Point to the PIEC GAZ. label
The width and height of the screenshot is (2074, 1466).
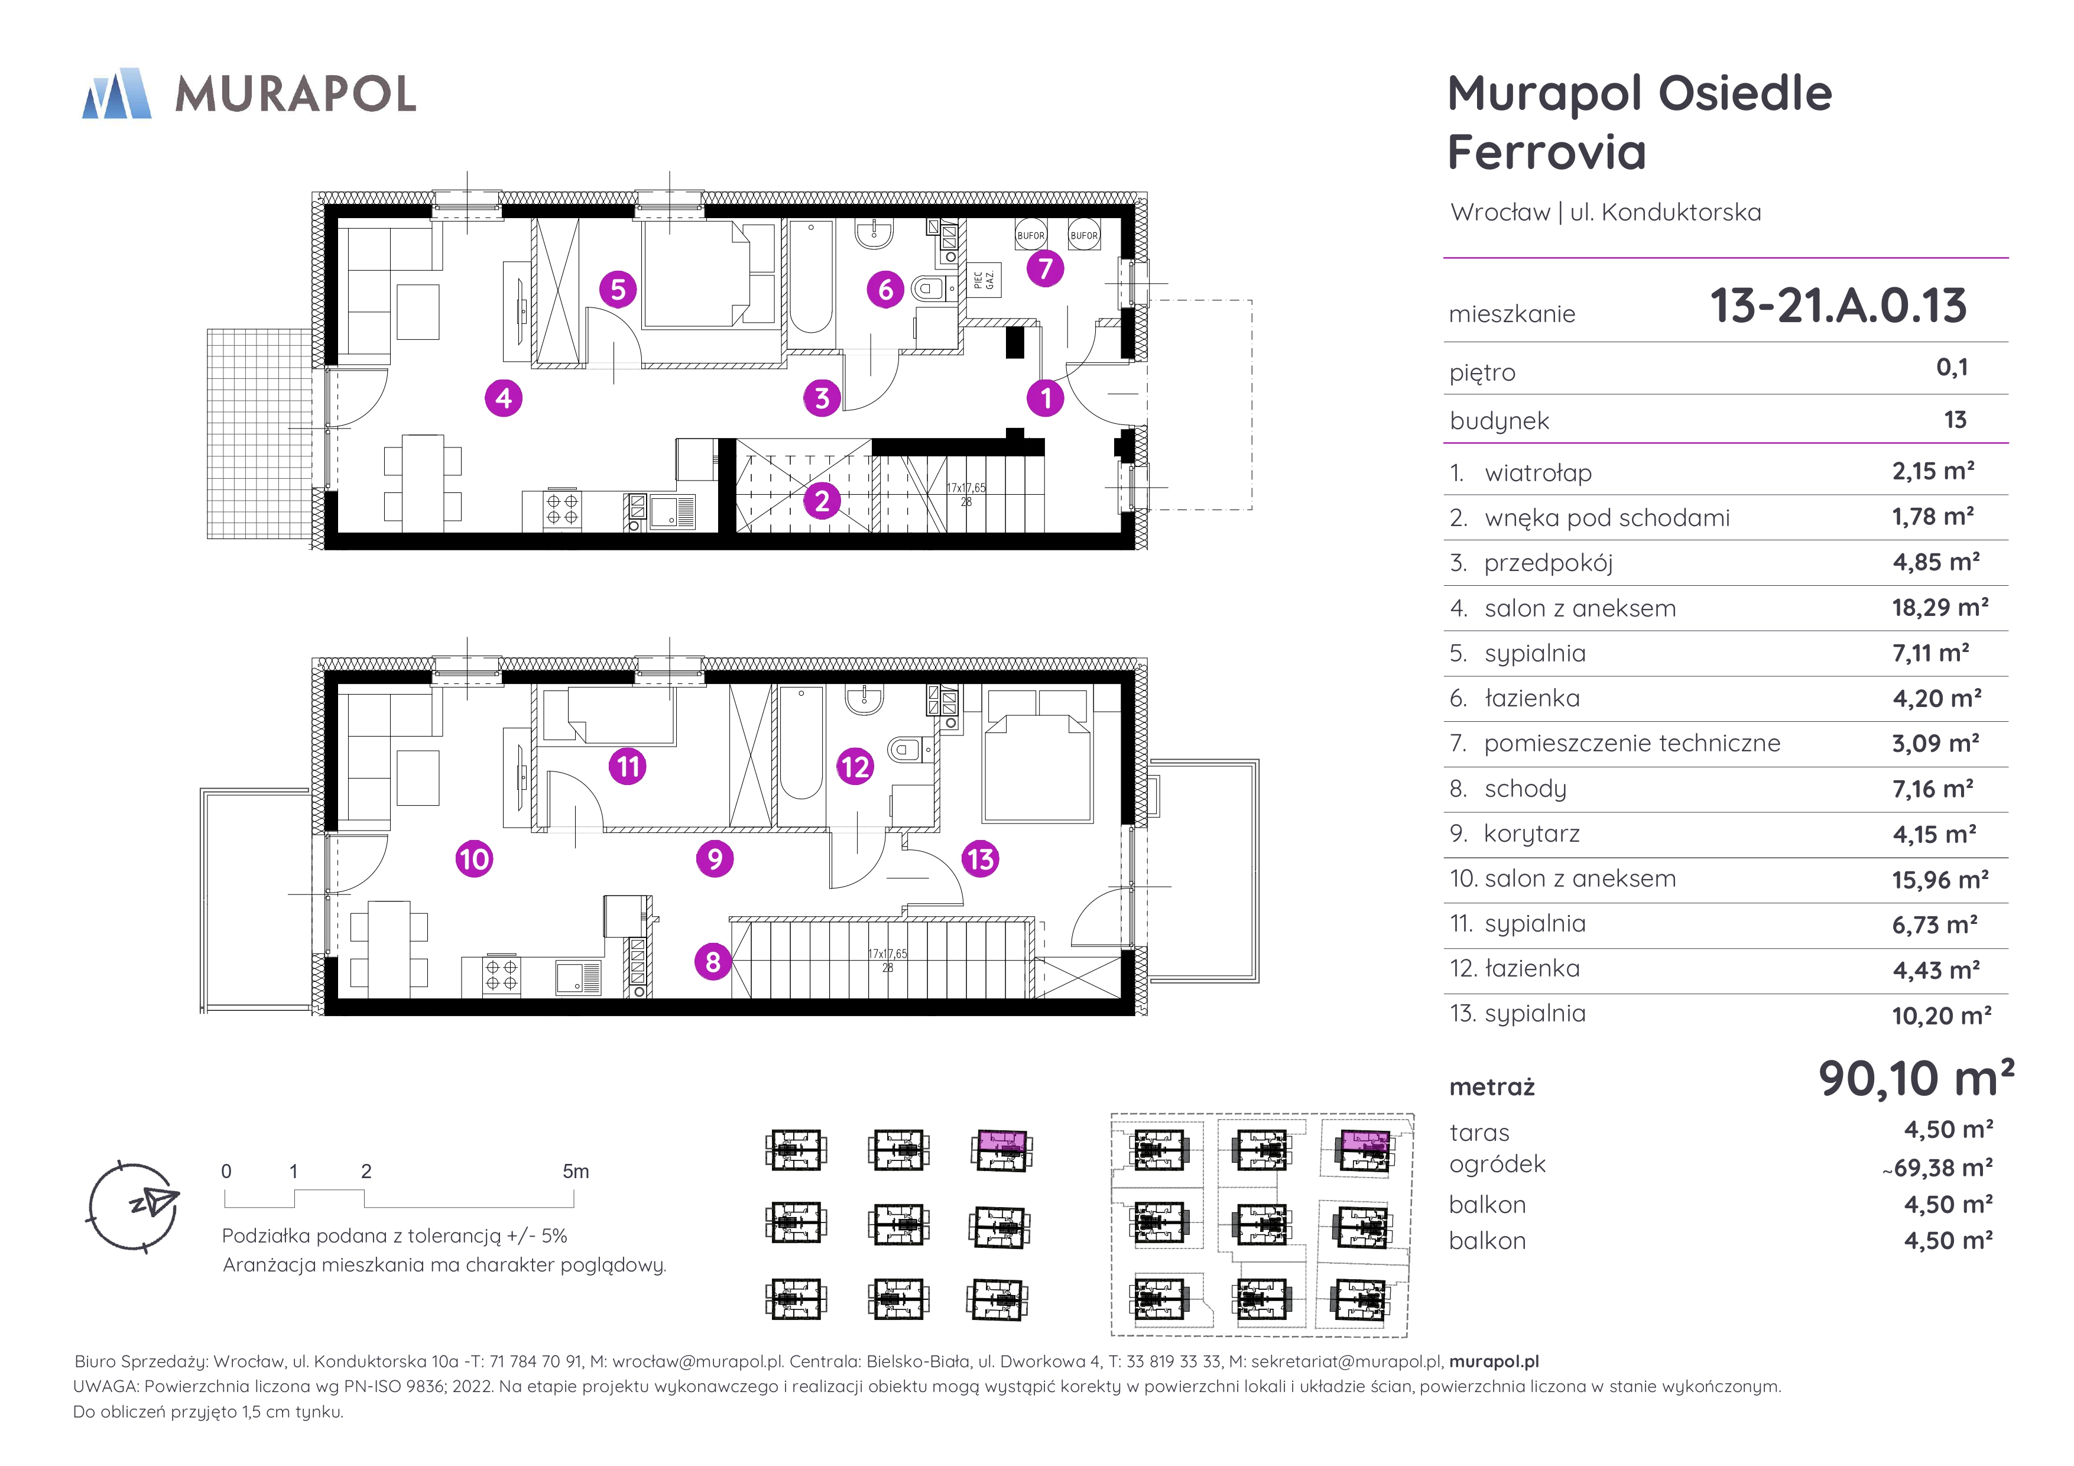click(985, 280)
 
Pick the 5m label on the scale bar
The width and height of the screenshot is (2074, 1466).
click(576, 1172)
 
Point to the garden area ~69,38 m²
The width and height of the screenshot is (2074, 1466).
click(1937, 1168)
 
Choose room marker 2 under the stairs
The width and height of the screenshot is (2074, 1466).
click(822, 501)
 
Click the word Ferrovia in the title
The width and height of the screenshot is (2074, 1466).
click(1546, 152)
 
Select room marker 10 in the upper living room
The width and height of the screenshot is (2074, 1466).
click(474, 858)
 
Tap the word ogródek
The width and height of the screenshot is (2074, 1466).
click(1497, 1165)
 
